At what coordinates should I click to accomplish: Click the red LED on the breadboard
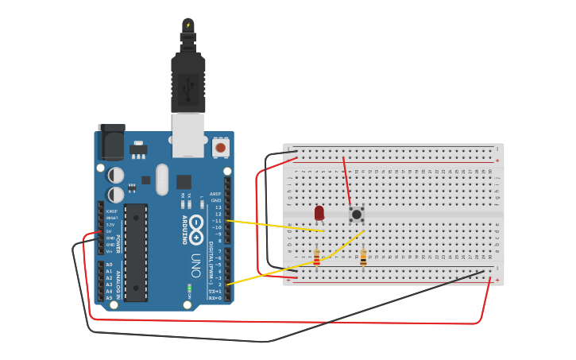coord(319,213)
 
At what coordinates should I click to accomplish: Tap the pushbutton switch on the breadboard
coord(357,214)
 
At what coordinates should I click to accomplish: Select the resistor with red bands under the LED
coord(317,257)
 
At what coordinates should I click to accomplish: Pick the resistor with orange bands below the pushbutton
coord(364,257)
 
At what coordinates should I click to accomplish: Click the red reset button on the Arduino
coord(220,147)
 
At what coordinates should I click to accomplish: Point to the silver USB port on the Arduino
coord(188,134)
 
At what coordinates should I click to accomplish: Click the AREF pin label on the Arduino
coord(215,195)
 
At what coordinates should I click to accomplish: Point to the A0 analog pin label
coord(110,265)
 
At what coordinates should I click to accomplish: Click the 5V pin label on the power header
coord(110,231)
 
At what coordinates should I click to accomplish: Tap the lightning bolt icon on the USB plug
coord(188,25)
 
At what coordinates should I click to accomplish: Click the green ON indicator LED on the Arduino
coord(189,288)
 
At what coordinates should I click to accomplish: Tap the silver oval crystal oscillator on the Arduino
coord(163,179)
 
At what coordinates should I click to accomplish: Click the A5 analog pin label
coord(110,297)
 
